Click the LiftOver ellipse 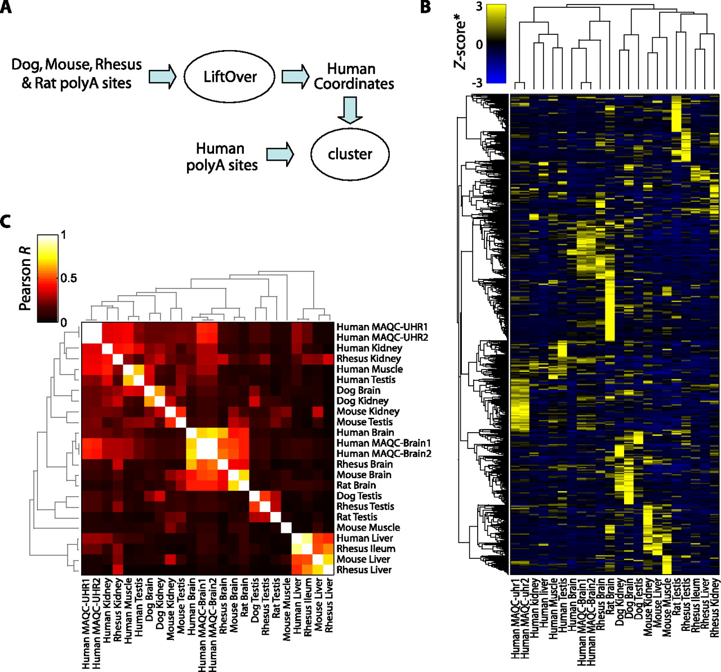[230, 77]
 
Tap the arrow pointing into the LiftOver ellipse [162, 77]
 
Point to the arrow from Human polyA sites [280, 154]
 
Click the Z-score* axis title [461, 44]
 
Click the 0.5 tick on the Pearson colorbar [68, 278]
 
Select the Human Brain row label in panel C [365, 433]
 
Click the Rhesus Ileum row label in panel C [366, 549]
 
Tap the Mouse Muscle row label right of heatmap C [368, 527]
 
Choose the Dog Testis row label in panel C [359, 496]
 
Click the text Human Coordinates [353, 77]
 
